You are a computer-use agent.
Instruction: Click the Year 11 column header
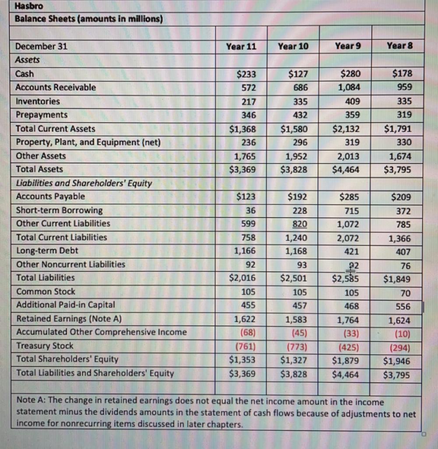point(241,46)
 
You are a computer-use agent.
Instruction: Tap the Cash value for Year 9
point(350,74)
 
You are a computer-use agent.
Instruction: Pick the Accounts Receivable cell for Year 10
point(300,87)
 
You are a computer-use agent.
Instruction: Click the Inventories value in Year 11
point(248,101)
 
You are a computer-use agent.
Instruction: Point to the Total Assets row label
point(39,169)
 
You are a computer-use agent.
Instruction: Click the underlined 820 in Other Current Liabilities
point(300,224)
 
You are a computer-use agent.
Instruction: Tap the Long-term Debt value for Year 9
point(352,251)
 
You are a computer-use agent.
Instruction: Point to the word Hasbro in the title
point(29,7)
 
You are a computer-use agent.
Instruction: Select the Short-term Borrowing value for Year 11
point(251,210)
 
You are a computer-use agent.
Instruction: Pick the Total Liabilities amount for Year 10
point(294,278)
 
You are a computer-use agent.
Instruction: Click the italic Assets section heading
point(28,60)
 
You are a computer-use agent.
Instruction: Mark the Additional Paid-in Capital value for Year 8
point(403,306)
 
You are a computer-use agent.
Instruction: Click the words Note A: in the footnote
point(31,402)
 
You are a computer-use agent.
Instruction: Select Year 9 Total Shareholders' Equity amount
point(346,361)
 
